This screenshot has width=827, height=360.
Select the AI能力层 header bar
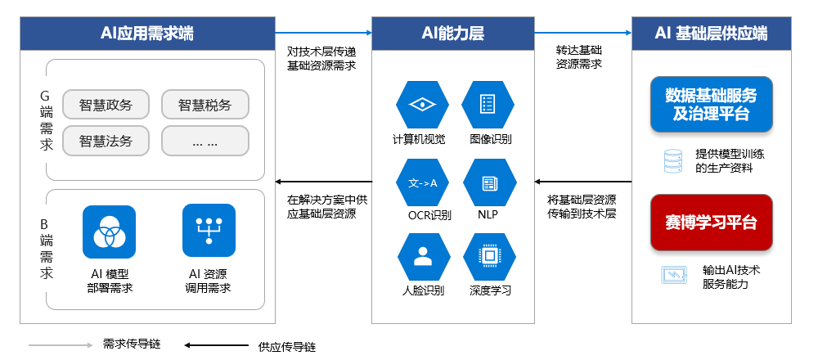tap(452, 33)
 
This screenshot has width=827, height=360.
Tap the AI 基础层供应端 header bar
tap(712, 33)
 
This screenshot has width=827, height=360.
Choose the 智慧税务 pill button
tap(205, 105)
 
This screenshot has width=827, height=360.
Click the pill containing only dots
tap(205, 141)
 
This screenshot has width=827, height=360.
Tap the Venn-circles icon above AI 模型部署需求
tap(109, 231)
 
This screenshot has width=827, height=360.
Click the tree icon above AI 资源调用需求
tap(209, 231)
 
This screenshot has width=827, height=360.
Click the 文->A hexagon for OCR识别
tap(422, 182)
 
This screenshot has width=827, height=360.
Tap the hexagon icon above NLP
tap(489, 182)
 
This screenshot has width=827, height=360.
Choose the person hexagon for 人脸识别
tap(422, 257)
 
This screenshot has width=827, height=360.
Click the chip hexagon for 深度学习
tap(489, 257)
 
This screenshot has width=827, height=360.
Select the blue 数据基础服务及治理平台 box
tap(711, 104)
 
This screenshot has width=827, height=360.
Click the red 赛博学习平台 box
tap(711, 223)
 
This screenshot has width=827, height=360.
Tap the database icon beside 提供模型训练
tap(672, 161)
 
